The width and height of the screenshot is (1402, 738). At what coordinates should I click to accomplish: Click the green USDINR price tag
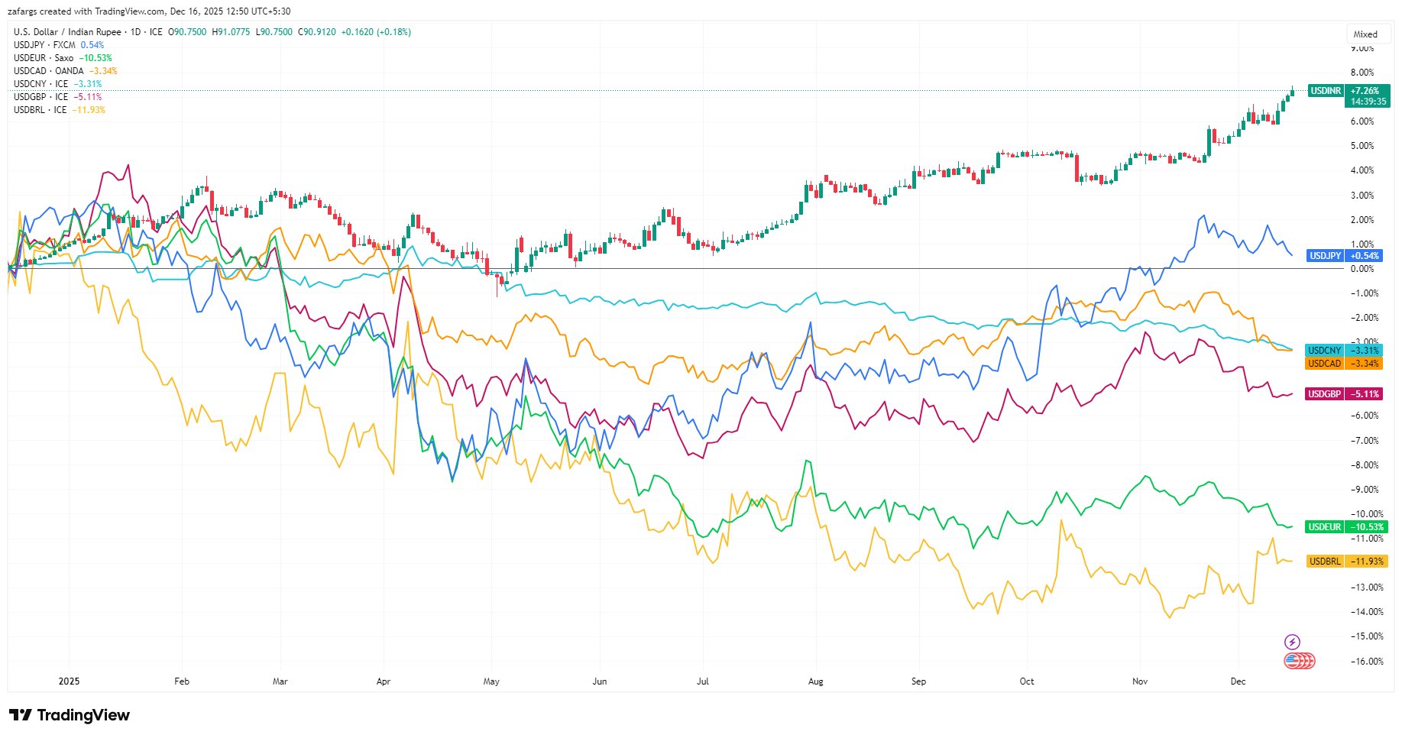point(1348,95)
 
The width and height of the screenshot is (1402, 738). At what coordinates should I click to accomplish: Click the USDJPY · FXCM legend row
point(58,45)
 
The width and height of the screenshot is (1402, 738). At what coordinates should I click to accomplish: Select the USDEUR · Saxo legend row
point(62,58)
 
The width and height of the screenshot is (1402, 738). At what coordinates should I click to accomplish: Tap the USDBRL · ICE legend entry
point(59,110)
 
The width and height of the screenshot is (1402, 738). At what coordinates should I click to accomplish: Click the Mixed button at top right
point(1365,34)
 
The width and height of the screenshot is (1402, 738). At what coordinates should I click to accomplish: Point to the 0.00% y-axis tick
point(1362,269)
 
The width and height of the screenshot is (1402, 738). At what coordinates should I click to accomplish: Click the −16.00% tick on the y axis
point(1366,662)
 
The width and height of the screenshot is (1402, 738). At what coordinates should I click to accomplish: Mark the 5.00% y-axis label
point(1362,146)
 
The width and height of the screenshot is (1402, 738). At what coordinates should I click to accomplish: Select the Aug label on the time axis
point(816,681)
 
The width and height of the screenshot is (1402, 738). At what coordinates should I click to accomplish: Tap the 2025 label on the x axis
point(69,681)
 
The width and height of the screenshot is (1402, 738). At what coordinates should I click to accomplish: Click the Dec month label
point(1238,681)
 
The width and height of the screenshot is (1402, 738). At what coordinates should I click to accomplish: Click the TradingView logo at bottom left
point(70,716)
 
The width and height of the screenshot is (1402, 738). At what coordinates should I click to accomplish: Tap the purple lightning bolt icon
point(1292,642)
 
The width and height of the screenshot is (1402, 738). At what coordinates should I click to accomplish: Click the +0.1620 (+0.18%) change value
point(375,32)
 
